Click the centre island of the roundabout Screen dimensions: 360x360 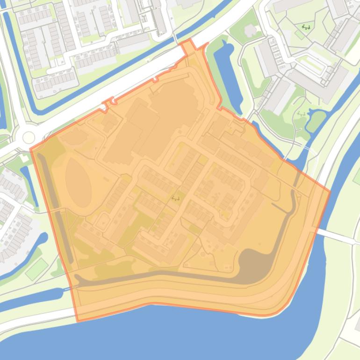(29, 137)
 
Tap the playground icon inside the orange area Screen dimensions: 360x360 (176, 198)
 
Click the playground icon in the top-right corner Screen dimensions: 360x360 (306, 28)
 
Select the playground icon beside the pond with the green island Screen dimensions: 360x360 (301, 114)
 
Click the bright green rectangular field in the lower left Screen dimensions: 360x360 (36, 269)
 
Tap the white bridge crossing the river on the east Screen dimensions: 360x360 (337, 236)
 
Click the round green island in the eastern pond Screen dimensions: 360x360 (316, 121)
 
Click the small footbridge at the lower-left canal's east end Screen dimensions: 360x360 (63, 294)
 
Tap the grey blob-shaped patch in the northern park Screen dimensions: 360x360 (251, 31)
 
